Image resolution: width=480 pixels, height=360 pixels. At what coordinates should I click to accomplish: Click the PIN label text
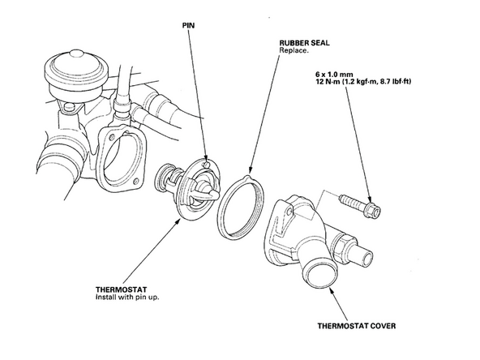pyautogui.click(x=188, y=25)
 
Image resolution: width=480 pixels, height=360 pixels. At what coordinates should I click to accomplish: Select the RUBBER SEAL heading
pyautogui.click(x=304, y=43)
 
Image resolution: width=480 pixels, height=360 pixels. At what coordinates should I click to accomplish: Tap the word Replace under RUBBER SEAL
pyautogui.click(x=294, y=50)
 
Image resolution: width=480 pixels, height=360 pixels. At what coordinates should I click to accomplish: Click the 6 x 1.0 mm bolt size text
pyautogui.click(x=334, y=75)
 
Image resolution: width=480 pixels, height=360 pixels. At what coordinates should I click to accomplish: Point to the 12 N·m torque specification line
pyautogui.click(x=363, y=82)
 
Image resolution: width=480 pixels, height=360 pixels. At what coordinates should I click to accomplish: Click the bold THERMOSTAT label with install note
pyautogui.click(x=122, y=289)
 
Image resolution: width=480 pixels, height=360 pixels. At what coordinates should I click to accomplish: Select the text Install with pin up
pyautogui.click(x=127, y=298)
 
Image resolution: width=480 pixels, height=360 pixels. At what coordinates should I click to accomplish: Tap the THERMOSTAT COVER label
pyautogui.click(x=357, y=326)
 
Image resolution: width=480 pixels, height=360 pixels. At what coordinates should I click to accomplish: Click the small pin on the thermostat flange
pyautogui.click(x=207, y=165)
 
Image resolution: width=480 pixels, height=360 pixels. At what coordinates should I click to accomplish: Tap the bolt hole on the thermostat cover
pyautogui.click(x=289, y=211)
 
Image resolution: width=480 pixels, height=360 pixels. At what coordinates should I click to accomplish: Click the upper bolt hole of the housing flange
pyautogui.click(x=112, y=136)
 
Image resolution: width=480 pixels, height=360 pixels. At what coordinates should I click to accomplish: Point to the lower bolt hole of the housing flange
pyautogui.click(x=135, y=182)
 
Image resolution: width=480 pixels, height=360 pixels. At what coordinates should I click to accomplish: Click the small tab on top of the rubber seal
pyautogui.click(x=247, y=178)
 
